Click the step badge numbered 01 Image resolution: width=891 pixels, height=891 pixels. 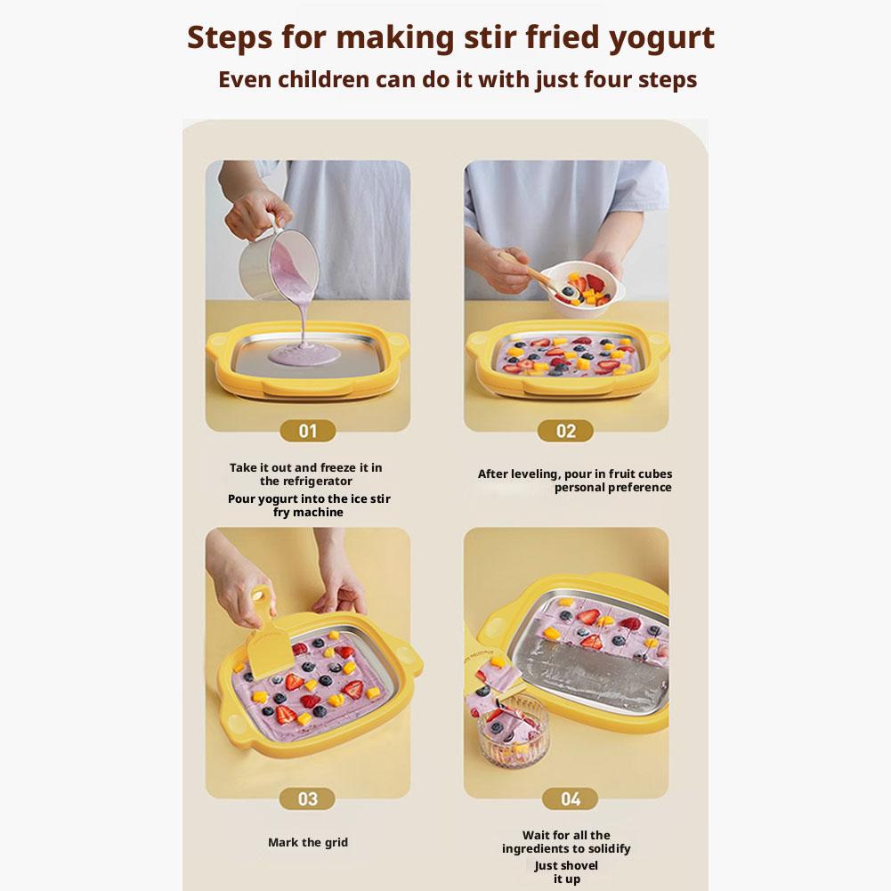click(x=307, y=431)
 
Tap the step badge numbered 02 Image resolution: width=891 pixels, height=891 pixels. click(x=565, y=431)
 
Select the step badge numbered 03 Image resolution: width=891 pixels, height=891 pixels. click(x=307, y=798)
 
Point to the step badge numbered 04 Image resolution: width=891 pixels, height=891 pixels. click(x=570, y=798)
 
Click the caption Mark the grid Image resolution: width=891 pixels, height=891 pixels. click(x=307, y=842)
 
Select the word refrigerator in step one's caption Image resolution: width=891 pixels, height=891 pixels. click(x=305, y=482)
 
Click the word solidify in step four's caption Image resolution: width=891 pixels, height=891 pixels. click(x=607, y=848)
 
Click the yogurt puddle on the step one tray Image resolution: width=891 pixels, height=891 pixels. click(x=304, y=356)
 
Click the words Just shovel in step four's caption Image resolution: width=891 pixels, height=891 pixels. click(x=566, y=865)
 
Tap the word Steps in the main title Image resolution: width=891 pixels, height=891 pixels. click(x=230, y=38)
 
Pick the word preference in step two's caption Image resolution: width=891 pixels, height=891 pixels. click(x=641, y=488)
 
